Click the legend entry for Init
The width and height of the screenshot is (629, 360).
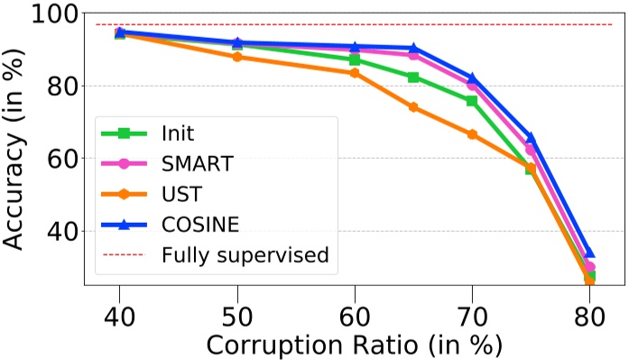tap(179, 133)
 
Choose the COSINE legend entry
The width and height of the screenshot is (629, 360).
tap(200, 225)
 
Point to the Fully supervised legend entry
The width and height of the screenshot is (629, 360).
tap(245, 254)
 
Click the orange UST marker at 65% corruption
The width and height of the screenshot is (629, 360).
tap(413, 106)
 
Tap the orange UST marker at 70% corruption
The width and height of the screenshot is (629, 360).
tap(472, 134)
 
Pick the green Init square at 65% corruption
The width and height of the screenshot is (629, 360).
tap(413, 78)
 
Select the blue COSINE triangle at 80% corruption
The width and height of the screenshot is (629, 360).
tap(589, 254)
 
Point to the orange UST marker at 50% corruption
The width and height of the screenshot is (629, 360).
tap(237, 57)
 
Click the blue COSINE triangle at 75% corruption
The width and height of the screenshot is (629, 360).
tap(531, 137)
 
